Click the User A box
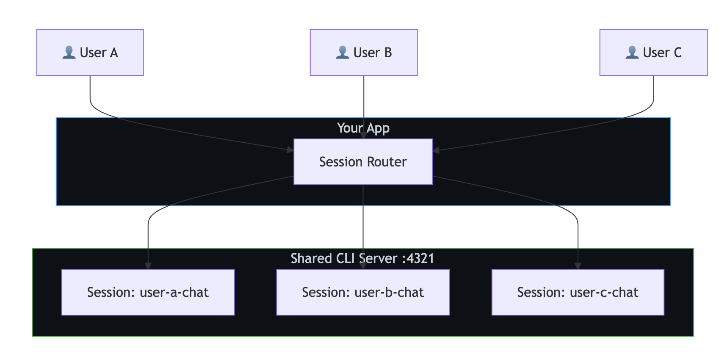[90, 53]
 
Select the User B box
[363, 53]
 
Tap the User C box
[653, 53]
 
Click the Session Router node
[363, 162]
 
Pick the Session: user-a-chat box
[148, 292]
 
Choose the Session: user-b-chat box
[363, 292]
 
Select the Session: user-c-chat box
[578, 292]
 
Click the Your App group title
[363, 128]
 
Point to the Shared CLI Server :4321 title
[362, 258]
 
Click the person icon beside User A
[69, 53]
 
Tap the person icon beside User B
[343, 53]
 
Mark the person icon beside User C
[632, 53]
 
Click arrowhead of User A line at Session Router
[290, 150]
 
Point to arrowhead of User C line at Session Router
[436, 150]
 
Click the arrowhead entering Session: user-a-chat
[148, 266]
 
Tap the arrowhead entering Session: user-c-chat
[578, 266]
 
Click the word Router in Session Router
[387, 162]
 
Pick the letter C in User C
[678, 53]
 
